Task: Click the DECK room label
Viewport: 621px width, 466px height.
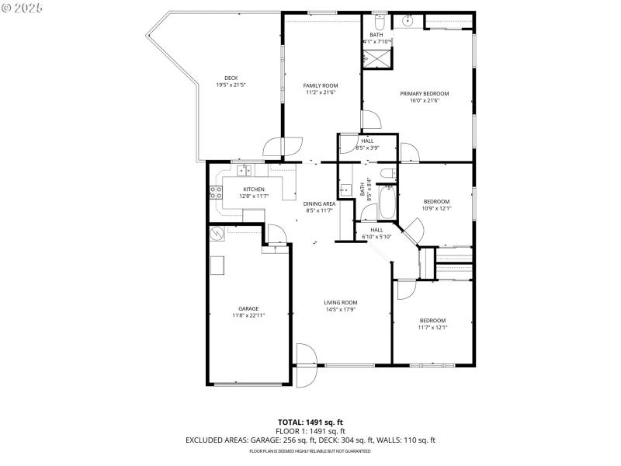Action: (231, 78)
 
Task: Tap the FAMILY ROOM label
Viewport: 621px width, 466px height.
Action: (320, 85)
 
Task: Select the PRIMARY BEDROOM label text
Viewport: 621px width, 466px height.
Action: (425, 94)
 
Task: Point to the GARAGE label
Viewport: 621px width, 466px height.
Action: (248, 308)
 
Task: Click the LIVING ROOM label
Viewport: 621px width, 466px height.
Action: (341, 303)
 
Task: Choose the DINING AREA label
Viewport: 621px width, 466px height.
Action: (318, 203)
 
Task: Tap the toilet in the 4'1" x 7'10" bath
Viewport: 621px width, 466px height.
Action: (377, 21)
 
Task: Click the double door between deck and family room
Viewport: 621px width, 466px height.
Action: (283, 146)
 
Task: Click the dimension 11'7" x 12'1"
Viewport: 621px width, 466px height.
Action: (432, 327)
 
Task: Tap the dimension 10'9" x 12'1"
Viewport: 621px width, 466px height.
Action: (436, 208)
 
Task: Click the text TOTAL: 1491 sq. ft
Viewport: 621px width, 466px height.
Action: (310, 423)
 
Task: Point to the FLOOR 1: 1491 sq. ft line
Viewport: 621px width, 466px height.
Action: (310, 431)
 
